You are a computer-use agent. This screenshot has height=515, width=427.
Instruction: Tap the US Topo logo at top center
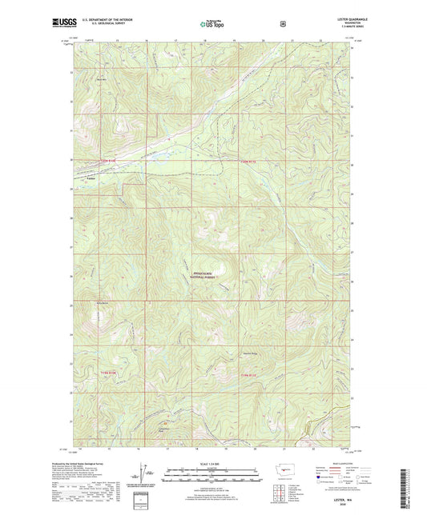pos(212,25)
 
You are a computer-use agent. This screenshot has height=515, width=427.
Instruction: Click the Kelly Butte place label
pos(102,303)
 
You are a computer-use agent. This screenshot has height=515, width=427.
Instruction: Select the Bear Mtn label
pos(101,78)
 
